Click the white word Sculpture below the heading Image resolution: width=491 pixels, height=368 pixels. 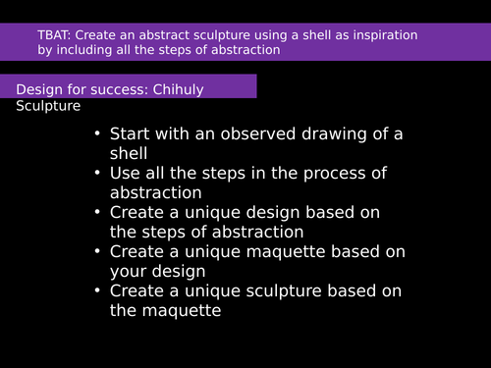[x=48, y=105]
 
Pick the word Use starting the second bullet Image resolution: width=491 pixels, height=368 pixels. [x=126, y=174]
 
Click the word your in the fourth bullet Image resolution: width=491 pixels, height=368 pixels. [x=129, y=271]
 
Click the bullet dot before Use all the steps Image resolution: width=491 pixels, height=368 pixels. [x=96, y=174]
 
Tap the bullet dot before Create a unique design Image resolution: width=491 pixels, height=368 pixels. [x=96, y=213]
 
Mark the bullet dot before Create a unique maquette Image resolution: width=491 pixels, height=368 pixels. [x=96, y=252]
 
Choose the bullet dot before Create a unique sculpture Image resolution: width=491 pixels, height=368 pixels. [x=96, y=291]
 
